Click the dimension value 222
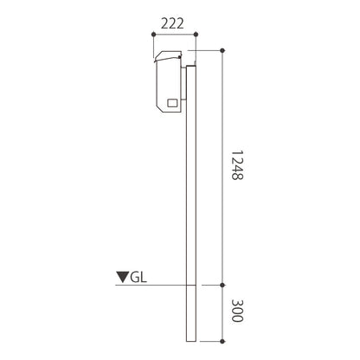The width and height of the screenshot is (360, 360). click(x=172, y=23)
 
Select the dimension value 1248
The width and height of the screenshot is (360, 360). click(x=238, y=165)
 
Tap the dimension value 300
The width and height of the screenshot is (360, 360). click(x=238, y=311)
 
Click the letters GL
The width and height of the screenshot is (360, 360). click(x=138, y=278)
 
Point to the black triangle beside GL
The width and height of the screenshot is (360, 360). click(x=123, y=277)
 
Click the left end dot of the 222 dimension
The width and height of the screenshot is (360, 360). click(x=153, y=35)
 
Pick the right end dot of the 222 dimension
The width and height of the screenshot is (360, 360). click(x=196, y=35)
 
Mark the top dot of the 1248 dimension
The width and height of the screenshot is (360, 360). click(x=222, y=50)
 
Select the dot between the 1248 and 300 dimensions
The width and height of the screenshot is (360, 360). click(x=222, y=285)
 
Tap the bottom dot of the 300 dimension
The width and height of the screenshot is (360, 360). click(x=222, y=341)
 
